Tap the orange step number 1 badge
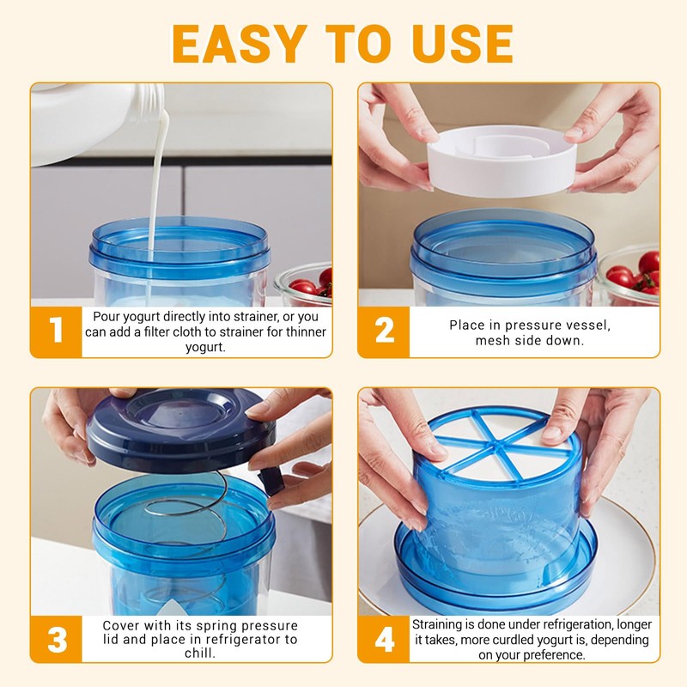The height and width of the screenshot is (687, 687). (x=56, y=331)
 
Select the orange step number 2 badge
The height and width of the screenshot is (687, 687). (x=384, y=331)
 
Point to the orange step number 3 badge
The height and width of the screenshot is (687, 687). (x=56, y=639)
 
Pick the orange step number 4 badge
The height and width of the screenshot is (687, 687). (x=384, y=639)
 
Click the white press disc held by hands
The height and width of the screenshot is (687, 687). (x=502, y=161)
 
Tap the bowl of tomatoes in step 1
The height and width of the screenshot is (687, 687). (x=304, y=284)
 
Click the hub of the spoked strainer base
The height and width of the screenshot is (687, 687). (x=496, y=446)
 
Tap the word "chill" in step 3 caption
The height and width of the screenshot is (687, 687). (x=200, y=654)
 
